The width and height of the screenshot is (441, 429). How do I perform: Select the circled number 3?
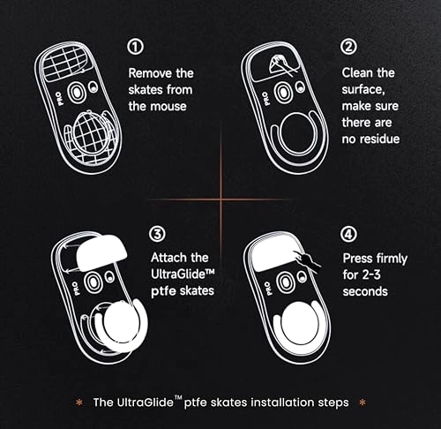point(156,234)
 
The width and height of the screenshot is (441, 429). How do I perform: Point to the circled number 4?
point(349,234)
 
